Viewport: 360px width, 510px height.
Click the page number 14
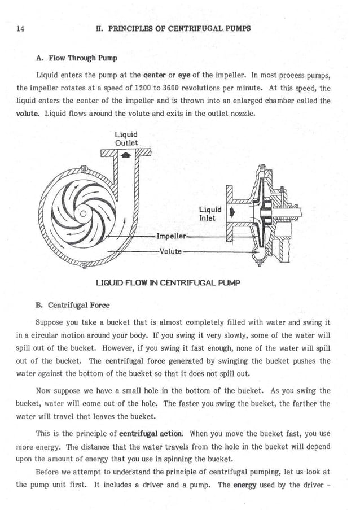point(21,28)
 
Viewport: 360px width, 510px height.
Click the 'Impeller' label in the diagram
point(173,236)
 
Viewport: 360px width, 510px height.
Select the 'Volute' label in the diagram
point(170,251)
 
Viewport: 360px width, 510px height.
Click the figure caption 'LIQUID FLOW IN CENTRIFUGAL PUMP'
point(168,282)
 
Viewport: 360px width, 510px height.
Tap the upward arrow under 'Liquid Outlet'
point(126,154)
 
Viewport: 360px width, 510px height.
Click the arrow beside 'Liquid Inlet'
point(231,213)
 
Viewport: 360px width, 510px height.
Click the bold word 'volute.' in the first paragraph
point(28,113)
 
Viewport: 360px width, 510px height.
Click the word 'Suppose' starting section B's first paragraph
point(49,323)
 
